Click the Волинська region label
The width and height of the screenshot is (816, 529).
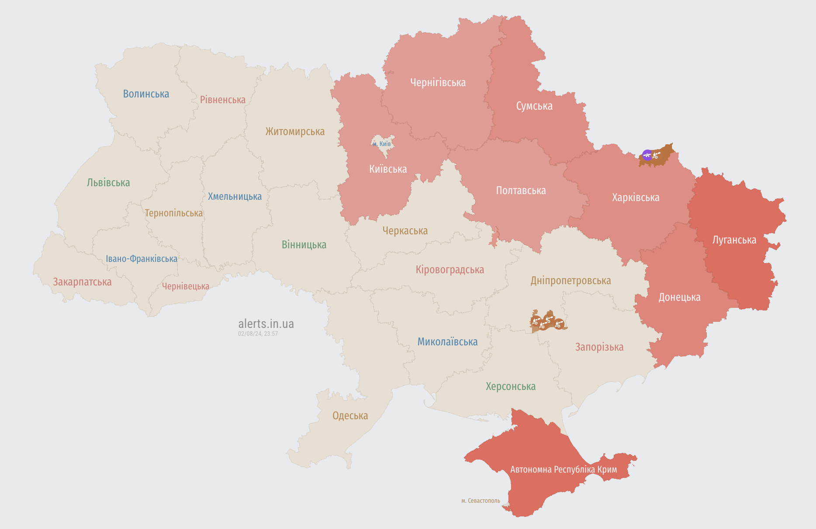click(x=146, y=94)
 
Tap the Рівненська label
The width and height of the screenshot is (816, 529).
click(x=223, y=100)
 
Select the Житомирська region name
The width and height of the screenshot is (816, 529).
click(x=295, y=132)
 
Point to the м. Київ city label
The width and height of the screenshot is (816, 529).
click(x=382, y=144)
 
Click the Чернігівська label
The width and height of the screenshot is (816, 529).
click(x=438, y=83)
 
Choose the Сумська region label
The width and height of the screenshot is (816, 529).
click(x=534, y=106)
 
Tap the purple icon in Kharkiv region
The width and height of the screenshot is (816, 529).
click(x=647, y=155)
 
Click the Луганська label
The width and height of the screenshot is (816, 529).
click(x=734, y=240)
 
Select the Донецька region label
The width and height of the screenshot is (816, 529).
click(x=679, y=297)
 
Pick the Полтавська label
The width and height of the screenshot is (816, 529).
click(x=521, y=191)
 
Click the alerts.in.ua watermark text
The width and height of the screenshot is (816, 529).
click(x=266, y=324)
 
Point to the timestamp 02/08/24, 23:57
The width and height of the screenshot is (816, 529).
click(x=258, y=334)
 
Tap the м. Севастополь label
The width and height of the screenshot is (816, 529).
click(x=481, y=501)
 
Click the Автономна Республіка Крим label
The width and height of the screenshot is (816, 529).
click(x=564, y=470)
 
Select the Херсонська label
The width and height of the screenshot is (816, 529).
click(x=510, y=386)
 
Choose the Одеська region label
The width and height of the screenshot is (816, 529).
click(x=350, y=416)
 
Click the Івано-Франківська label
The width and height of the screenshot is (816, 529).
click(x=142, y=259)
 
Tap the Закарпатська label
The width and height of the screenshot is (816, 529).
click(x=82, y=282)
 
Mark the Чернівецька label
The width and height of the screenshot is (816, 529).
click(x=185, y=286)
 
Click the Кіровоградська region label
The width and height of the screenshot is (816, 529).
click(x=449, y=270)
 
